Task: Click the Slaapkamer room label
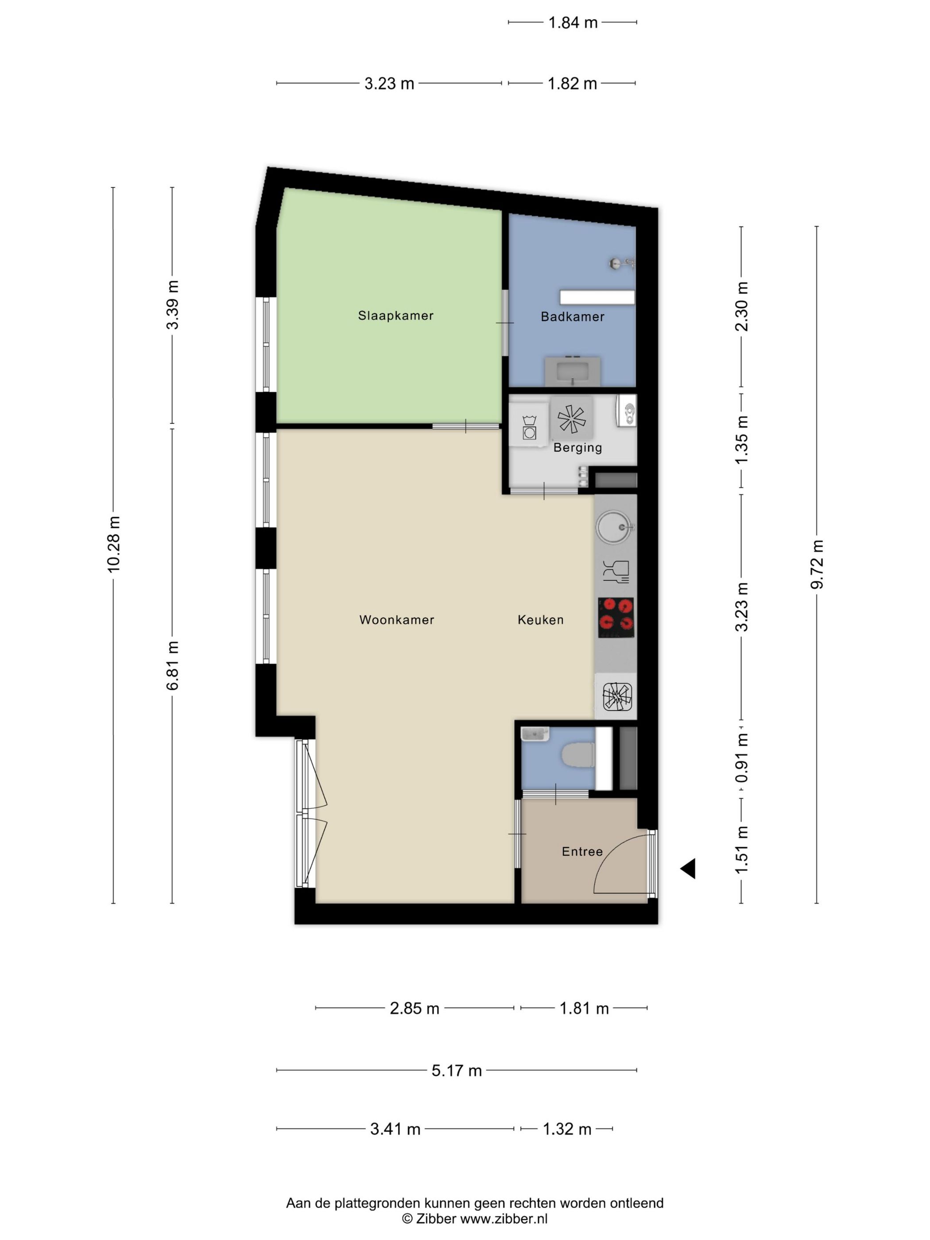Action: click(x=396, y=316)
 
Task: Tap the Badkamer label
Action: click(x=572, y=317)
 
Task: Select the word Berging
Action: click(x=577, y=447)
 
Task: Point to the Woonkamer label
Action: click(x=396, y=620)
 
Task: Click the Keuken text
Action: click(x=540, y=620)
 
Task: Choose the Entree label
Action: click(x=582, y=852)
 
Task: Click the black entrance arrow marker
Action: click(x=689, y=868)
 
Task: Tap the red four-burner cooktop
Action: click(x=616, y=617)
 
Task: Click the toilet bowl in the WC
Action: click(x=578, y=755)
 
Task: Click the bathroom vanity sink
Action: click(x=572, y=371)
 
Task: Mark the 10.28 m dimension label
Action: click(x=114, y=544)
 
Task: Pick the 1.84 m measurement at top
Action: click(x=572, y=23)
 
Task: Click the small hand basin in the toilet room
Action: click(x=534, y=733)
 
